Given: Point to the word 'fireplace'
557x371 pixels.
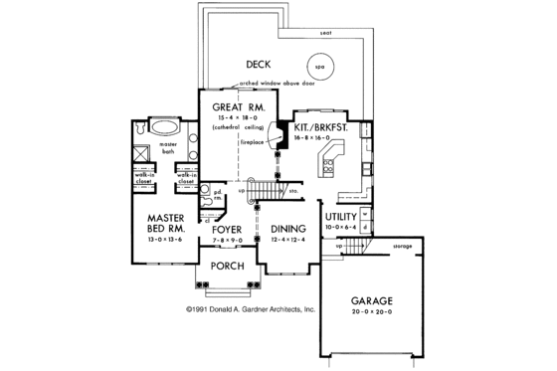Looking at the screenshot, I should pos(250,142).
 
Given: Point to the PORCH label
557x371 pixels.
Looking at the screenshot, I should pos(229,266).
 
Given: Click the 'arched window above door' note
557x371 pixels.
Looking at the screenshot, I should pos(269,84).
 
